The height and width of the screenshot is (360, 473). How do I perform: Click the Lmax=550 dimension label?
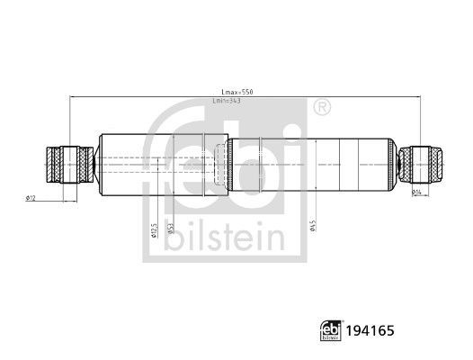(236, 92)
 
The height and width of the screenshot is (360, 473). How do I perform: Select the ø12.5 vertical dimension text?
(156, 230)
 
